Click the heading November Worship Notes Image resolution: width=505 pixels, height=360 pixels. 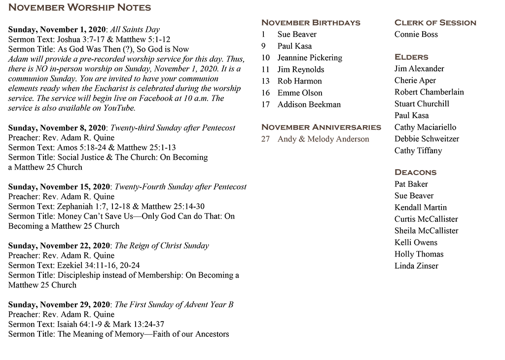pos(79,7)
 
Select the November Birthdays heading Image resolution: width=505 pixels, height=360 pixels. pos(311,23)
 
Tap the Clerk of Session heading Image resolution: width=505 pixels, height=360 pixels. pos(435,23)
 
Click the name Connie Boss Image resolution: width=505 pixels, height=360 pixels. pos(416,35)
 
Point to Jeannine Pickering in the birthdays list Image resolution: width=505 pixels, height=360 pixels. pos(310,58)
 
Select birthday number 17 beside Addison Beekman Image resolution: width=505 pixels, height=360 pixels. pos(266,105)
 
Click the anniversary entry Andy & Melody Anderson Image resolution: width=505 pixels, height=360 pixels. pos(323,139)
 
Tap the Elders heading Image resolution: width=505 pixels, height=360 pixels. pos(411,57)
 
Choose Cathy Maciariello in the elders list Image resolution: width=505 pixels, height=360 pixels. pos(425,127)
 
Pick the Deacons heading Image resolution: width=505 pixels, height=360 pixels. pos(415,172)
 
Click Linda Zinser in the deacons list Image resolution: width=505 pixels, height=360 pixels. pos(416,266)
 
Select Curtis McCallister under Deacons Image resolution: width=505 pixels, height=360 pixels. pos(426,219)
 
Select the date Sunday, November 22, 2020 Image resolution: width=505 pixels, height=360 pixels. pos(59,246)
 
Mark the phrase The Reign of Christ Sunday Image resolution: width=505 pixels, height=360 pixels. pos(162,246)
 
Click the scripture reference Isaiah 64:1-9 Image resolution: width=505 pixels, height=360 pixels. pos(78,324)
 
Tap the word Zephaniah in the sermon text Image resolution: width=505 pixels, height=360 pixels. pos(74,207)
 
